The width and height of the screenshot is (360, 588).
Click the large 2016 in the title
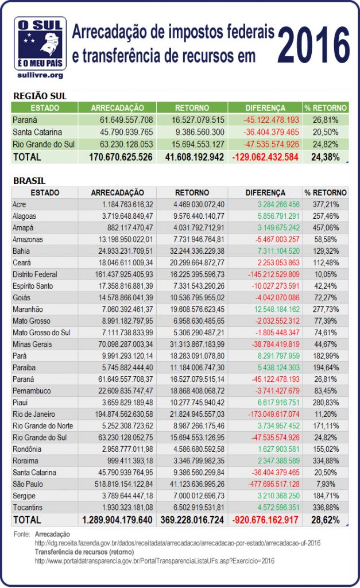315,45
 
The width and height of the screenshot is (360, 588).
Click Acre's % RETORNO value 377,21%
326,204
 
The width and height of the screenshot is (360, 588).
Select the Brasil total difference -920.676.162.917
265,520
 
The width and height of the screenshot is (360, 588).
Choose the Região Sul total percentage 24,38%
325,156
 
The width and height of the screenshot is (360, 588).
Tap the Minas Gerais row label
32,344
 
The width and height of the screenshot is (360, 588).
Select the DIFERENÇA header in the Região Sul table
265,107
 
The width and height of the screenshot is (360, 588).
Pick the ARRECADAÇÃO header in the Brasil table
118,192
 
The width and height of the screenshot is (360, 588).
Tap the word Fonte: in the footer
21,535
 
